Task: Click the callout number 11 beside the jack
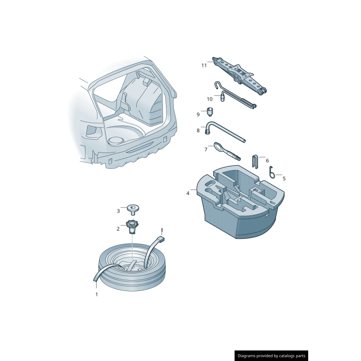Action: tap(204, 65)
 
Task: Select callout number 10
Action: tap(209, 99)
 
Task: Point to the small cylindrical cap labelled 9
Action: tap(210, 111)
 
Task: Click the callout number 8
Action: tap(198, 130)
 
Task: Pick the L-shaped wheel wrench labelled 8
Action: tap(226, 133)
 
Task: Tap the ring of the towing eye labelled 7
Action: tap(218, 147)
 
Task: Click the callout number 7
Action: tap(206, 149)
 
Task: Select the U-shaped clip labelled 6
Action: tap(255, 161)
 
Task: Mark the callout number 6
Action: tap(267, 160)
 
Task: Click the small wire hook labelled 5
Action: tap(271, 172)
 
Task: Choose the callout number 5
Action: tap(284, 178)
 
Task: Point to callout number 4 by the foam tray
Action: tap(188, 193)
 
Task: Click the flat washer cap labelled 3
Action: tap(133, 208)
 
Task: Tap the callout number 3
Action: tap(118, 211)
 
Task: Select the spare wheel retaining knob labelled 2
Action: tap(132, 225)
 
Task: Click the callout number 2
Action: tap(118, 229)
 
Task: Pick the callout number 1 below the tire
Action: tap(96, 294)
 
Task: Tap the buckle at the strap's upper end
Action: tap(160, 239)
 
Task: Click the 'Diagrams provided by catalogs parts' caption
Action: tap(271, 356)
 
